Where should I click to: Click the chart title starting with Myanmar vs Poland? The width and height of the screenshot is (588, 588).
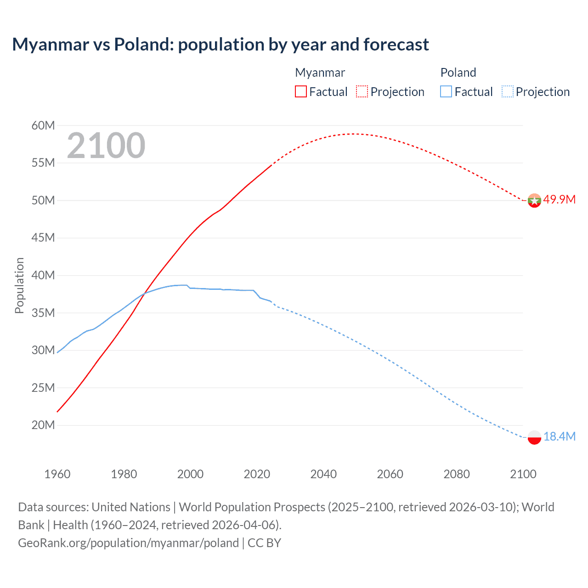[x=220, y=45]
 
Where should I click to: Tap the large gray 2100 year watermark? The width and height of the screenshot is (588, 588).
[x=106, y=146]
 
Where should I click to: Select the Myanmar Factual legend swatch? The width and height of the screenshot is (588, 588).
[x=301, y=91]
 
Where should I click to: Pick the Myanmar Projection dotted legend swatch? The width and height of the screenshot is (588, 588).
[x=362, y=91]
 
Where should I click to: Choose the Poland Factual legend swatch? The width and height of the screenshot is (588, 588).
[x=446, y=91]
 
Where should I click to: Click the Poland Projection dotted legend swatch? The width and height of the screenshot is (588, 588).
[x=507, y=91]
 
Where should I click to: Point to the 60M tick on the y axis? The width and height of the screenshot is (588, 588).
[x=43, y=125]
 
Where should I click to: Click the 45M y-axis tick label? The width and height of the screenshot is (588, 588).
[x=43, y=237]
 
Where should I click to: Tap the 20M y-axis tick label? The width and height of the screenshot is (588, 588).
[x=43, y=425]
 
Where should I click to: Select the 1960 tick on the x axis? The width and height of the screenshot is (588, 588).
[x=57, y=474]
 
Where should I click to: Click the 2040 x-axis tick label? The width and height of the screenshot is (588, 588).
[x=323, y=474]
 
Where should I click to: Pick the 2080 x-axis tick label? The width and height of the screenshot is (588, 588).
[x=457, y=474]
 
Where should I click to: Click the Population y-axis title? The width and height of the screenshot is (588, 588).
[x=19, y=285]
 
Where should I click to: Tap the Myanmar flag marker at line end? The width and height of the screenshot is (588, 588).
[x=534, y=200]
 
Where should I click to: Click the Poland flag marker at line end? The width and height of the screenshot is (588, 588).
[x=534, y=437]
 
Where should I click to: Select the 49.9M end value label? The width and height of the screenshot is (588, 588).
[x=559, y=199]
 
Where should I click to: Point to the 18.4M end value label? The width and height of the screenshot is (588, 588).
[x=559, y=436]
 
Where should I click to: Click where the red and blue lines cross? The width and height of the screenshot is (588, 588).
[x=144, y=294]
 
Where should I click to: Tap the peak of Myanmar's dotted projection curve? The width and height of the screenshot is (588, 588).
[x=353, y=134]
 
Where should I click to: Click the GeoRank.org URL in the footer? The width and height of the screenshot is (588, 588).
[x=128, y=543]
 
